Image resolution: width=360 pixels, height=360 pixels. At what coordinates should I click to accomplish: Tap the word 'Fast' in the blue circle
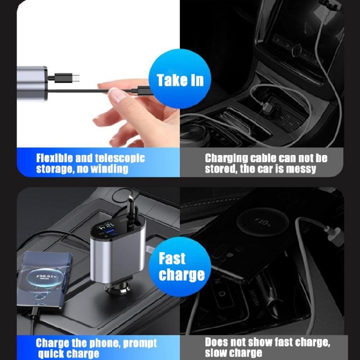tap(172, 259)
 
